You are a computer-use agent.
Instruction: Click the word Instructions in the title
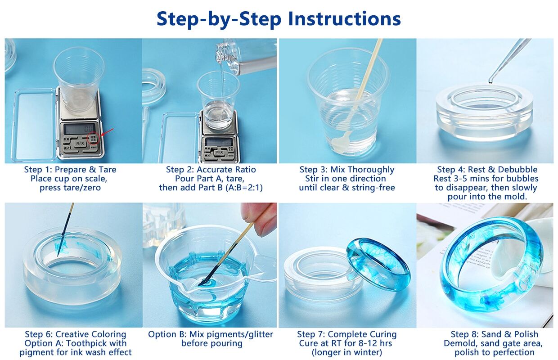point(345,19)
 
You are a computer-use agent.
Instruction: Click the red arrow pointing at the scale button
point(108,133)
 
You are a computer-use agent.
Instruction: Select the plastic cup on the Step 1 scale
point(79,80)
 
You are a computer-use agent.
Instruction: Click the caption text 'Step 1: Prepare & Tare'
point(70,170)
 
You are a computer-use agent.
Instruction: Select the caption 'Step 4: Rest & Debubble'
point(487,170)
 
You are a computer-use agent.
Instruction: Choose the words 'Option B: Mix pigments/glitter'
point(211,334)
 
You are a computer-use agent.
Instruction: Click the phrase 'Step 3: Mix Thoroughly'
point(347,170)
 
